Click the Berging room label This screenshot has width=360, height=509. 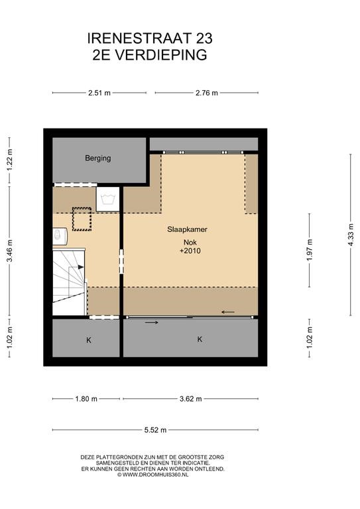coord(97,158)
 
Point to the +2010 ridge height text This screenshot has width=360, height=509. coord(190,251)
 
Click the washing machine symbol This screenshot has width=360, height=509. coord(108,199)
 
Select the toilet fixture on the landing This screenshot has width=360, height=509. coord(60,235)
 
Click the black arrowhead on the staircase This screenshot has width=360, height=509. coord(80,267)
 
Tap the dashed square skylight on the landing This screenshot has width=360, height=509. coord(82,219)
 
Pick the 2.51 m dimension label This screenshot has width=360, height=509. coord(99,93)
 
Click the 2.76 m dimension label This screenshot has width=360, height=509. coord(206,93)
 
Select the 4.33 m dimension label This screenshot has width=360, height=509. coord(350,235)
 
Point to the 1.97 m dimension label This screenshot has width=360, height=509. coord(310,250)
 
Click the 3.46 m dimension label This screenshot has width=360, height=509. coord(10,251)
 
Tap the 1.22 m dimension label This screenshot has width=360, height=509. coord(10,160)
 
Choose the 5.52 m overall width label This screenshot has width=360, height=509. coord(155,430)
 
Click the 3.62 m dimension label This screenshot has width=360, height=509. coord(190,398)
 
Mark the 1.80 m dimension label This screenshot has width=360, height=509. coord(86,398)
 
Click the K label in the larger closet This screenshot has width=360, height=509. coord(200,339)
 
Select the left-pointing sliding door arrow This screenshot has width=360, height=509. coord(228,312)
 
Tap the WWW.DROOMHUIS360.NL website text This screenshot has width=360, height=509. coord(155,475)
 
